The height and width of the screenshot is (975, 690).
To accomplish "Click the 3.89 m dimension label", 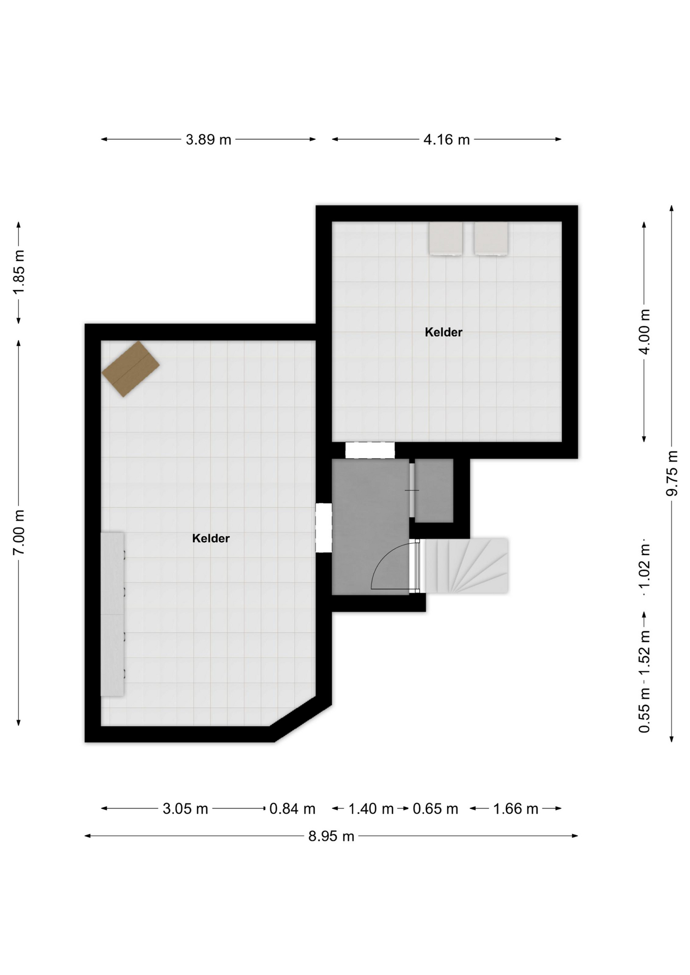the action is [208, 139].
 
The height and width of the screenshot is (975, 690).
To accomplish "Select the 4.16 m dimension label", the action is [447, 139].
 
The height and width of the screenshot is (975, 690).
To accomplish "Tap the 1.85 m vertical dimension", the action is [19, 272].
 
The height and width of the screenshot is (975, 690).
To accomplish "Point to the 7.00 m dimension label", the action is [19, 533].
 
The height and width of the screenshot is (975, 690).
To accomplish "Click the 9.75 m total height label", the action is [672, 473].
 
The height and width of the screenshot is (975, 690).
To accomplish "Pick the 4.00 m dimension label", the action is [644, 332].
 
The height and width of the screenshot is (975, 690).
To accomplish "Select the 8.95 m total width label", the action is [331, 836].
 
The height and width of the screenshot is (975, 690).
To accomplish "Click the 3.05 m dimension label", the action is [185, 808].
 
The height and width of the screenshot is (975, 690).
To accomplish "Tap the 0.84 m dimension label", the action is [292, 808].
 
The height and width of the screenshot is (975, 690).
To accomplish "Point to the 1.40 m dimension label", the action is [371, 808].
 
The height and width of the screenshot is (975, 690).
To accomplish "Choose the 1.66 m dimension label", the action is [515, 808].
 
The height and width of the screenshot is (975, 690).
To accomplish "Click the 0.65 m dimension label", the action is [435, 808].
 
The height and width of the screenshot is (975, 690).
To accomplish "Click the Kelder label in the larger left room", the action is [211, 538].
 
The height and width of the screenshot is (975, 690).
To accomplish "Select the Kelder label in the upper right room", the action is [444, 332].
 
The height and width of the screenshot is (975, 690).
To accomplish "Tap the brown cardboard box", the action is [131, 369].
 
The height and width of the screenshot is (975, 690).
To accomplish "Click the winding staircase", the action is [466, 566].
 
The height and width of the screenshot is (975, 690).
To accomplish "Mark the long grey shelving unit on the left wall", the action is [113, 614].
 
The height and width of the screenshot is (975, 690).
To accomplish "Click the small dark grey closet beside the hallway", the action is [434, 491].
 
